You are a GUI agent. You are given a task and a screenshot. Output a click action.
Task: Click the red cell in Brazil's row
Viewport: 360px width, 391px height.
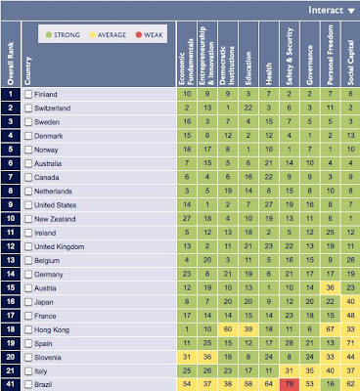[289, 386]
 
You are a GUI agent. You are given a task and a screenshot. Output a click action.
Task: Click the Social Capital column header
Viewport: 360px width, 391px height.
[350, 58]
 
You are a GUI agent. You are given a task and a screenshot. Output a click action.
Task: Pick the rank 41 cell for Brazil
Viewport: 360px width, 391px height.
[11, 386]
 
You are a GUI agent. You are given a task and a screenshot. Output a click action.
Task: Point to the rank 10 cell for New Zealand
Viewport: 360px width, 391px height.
[11, 218]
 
